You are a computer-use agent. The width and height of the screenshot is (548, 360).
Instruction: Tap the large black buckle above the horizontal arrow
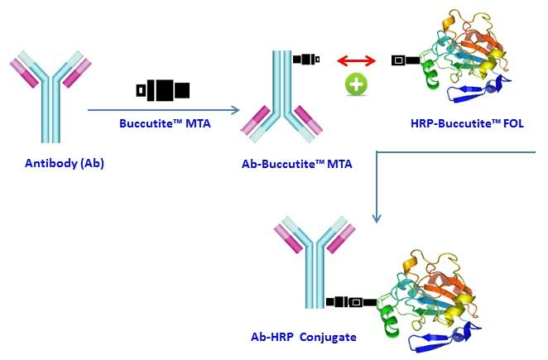(163, 89)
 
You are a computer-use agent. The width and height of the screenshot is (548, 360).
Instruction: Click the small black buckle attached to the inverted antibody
(306, 59)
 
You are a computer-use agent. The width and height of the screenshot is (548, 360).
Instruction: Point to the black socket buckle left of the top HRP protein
(401, 60)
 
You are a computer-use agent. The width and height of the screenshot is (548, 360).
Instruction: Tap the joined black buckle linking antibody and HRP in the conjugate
(351, 302)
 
